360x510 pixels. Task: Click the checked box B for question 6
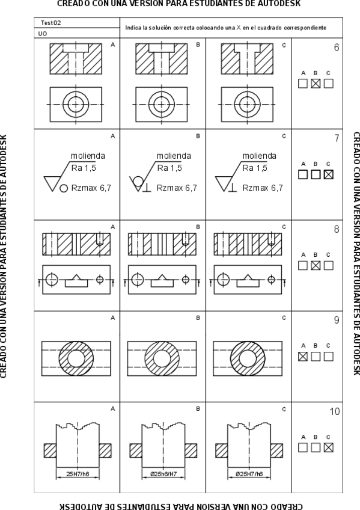point(316,84)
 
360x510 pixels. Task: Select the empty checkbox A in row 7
point(303,174)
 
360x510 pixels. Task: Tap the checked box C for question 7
point(329,174)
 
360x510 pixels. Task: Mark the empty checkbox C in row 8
point(329,265)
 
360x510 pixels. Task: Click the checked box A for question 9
point(303,357)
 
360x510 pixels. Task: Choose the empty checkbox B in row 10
point(316,447)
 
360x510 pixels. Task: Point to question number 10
point(335,411)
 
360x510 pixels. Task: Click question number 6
point(337,48)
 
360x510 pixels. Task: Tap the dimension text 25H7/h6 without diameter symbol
point(78,474)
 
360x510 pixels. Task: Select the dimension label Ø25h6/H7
point(163,474)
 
